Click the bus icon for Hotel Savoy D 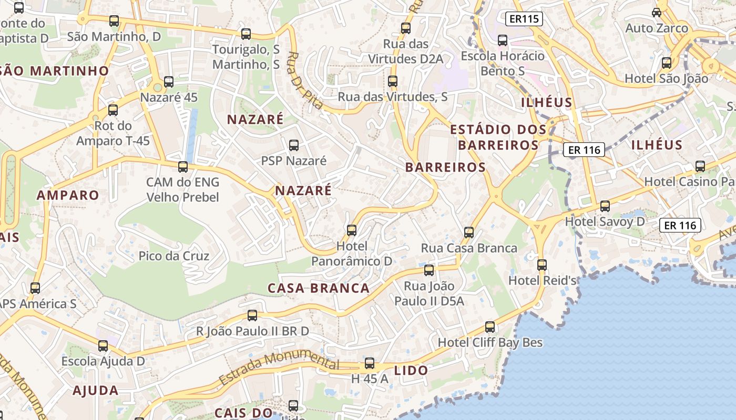tap(605, 206)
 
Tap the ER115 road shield tap(524, 19)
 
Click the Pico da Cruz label tap(174, 256)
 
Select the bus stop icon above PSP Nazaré tap(294, 145)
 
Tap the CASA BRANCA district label tap(319, 288)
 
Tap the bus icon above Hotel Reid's tap(542, 265)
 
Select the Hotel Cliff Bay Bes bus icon tap(490, 327)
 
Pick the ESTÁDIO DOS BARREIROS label tap(498, 137)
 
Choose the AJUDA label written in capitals tap(96, 391)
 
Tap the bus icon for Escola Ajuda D tap(103, 346)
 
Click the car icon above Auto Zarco tap(657, 12)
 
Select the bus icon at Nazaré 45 tap(169, 82)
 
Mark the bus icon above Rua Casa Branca tap(469, 233)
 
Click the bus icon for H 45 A tap(370, 363)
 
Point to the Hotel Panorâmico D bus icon tap(352, 230)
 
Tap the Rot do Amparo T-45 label tap(113, 133)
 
